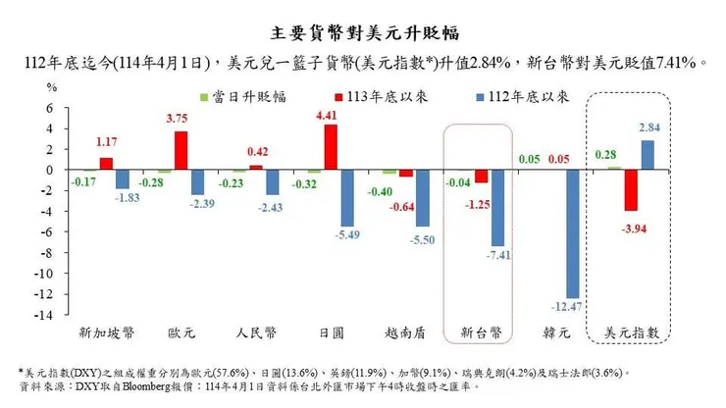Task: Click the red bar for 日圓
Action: (x=331, y=147)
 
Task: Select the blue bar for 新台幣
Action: (x=496, y=208)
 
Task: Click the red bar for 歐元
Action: (x=181, y=150)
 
